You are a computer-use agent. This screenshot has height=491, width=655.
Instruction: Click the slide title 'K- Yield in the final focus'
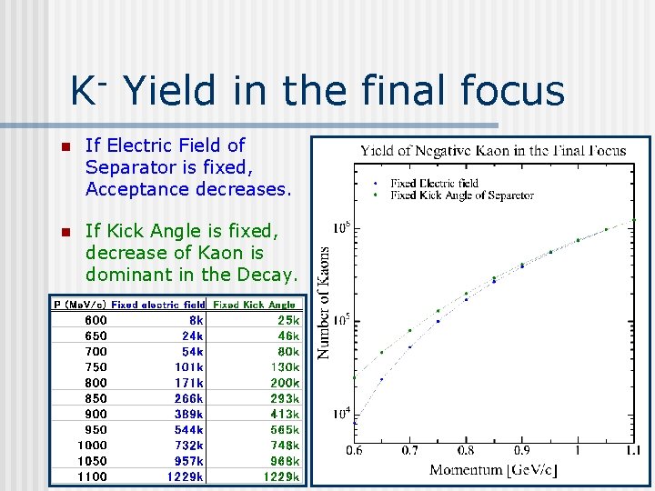click(317, 91)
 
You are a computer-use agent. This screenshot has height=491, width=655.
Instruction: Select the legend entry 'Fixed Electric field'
click(434, 184)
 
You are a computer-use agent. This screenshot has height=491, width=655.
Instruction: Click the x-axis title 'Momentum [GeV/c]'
click(493, 469)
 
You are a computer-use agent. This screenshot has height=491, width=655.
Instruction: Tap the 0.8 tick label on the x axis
click(466, 450)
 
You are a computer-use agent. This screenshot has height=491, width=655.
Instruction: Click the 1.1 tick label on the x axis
click(632, 450)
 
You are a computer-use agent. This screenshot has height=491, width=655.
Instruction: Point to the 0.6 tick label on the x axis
click(354, 450)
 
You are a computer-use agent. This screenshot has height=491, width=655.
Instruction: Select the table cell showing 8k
click(196, 320)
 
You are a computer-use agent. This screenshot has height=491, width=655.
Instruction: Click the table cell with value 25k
click(288, 320)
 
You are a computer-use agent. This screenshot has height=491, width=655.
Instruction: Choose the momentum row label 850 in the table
click(96, 398)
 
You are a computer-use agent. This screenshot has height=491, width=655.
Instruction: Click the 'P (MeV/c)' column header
click(80, 305)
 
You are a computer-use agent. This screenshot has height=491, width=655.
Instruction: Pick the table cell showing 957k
click(188, 461)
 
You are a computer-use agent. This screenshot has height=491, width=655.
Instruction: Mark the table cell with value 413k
click(285, 414)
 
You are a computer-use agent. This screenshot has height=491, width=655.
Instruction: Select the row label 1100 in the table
click(92, 476)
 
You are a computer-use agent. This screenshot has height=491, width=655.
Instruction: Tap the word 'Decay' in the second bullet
click(268, 275)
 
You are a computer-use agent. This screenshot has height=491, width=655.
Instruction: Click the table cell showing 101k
click(190, 367)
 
